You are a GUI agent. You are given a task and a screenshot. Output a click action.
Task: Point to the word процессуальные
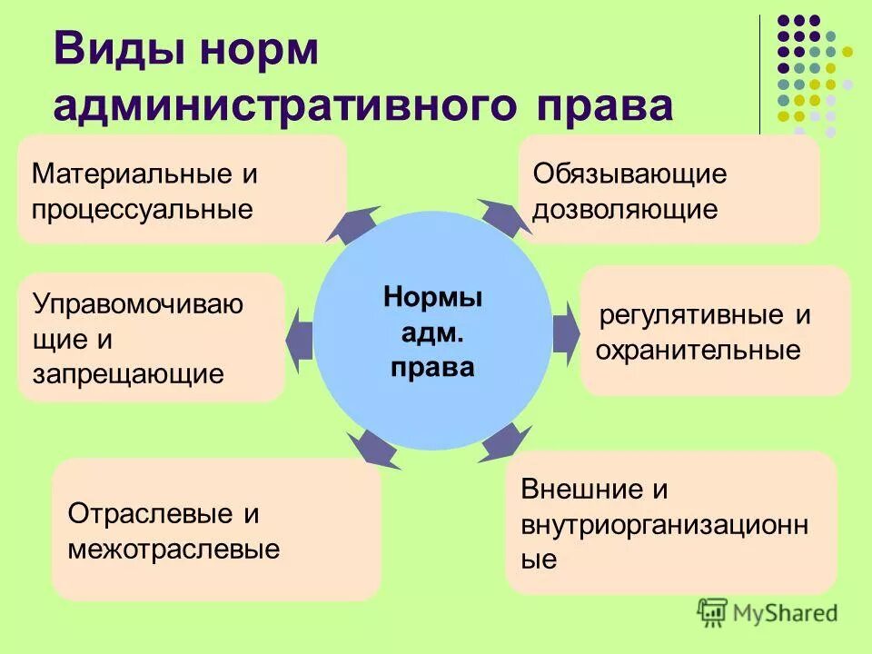pyautogui.click(x=142, y=210)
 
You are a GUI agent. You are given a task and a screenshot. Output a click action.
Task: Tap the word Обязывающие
pyautogui.click(x=629, y=173)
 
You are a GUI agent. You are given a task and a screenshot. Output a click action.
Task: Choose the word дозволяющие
pyautogui.click(x=625, y=210)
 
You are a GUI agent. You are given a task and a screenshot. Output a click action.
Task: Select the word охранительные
pyautogui.click(x=698, y=351)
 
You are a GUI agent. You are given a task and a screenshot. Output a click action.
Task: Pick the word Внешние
pyautogui.click(x=581, y=490)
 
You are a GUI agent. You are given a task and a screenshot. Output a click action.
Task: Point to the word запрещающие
pyautogui.click(x=128, y=373)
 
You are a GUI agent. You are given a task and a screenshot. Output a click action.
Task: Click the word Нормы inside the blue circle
pyautogui.click(x=432, y=298)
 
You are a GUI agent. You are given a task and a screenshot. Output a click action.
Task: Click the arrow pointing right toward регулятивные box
pyautogui.click(x=566, y=326)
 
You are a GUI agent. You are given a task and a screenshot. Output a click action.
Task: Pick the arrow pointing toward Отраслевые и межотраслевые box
pyautogui.click(x=373, y=447)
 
